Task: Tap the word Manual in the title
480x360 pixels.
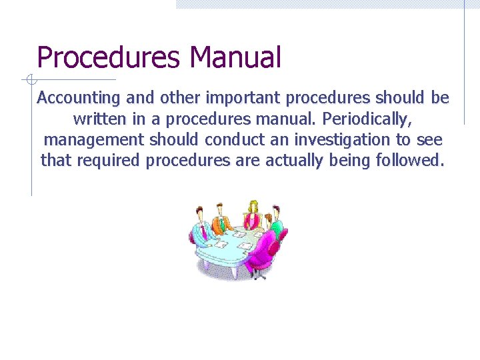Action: pos(235,57)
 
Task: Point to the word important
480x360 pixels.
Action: pos(243,98)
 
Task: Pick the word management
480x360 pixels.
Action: pos(93,139)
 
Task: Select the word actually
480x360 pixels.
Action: pos(294,160)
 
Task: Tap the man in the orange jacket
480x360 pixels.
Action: pos(222,219)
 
